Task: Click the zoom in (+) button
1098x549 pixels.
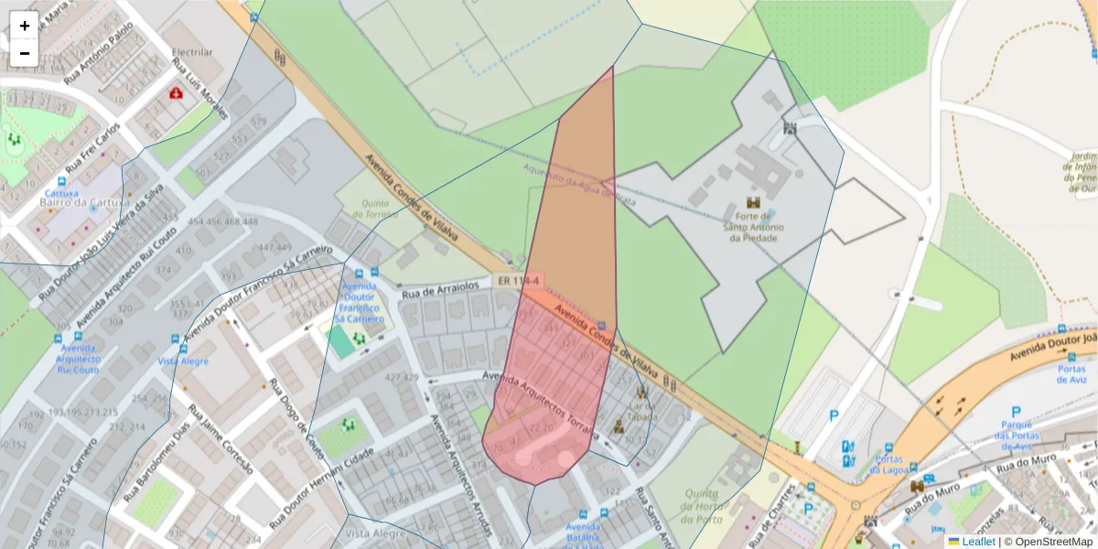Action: point(25,26)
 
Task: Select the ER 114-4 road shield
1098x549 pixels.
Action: point(519,281)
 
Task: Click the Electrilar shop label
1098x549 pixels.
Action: point(192,52)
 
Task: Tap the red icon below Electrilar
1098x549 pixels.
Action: point(175,92)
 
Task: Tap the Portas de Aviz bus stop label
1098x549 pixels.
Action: point(1070,374)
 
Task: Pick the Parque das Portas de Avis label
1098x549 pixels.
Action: point(1015,436)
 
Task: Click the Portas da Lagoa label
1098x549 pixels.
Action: point(888,464)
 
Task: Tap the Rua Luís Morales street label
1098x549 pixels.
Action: point(199,90)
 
